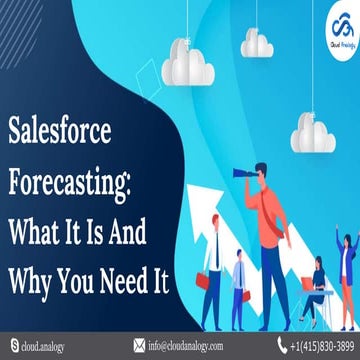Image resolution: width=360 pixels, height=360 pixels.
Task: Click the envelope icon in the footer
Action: (x=138, y=346)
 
